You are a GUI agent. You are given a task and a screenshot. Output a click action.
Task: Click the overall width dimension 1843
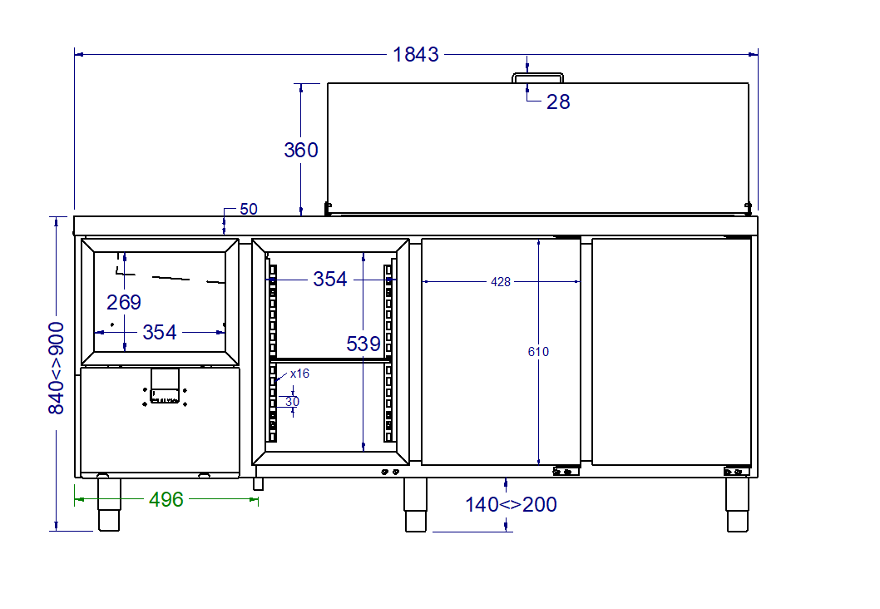tap(415, 54)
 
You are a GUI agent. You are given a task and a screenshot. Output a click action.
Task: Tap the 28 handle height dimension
tap(558, 101)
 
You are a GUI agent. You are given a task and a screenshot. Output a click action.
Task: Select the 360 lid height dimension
tap(301, 150)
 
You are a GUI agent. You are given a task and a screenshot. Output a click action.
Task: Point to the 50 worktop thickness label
tap(249, 209)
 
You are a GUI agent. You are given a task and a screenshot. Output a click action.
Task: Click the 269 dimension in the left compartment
tap(124, 302)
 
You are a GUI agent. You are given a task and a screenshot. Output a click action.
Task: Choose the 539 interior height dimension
tap(363, 344)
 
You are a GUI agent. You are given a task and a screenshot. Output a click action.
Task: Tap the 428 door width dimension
tap(501, 282)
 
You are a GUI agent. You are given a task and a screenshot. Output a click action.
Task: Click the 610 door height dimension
tap(538, 352)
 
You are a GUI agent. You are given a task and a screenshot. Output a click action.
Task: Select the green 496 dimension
tap(166, 499)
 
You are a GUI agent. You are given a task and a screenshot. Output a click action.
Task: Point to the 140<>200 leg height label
tap(511, 504)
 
